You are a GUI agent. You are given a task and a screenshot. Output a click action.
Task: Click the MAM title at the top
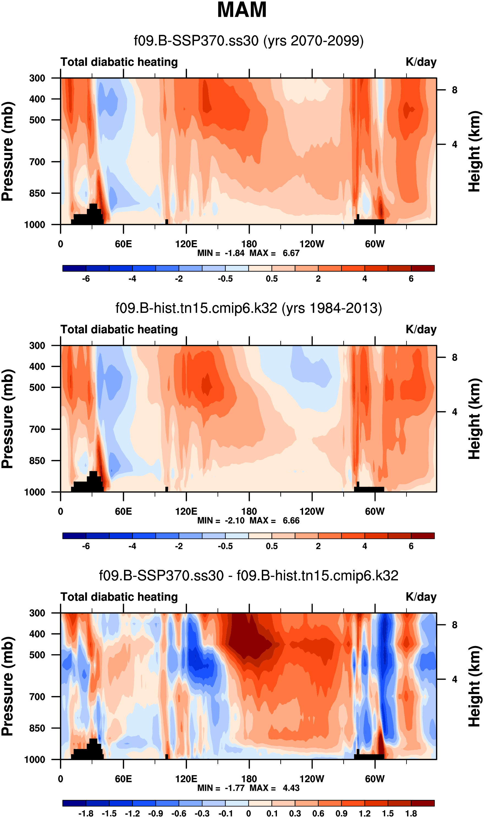click(242, 10)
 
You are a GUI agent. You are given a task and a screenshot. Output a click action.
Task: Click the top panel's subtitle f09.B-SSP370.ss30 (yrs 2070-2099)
click(249, 41)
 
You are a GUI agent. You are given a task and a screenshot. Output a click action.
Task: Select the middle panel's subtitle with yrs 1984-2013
click(249, 308)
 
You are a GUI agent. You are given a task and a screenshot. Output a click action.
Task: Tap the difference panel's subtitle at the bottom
click(249, 575)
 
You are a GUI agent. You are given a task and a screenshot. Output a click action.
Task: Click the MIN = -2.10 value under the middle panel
click(221, 520)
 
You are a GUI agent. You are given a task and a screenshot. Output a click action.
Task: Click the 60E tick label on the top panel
click(123, 244)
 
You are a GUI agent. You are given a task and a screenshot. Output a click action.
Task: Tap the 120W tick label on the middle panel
click(312, 511)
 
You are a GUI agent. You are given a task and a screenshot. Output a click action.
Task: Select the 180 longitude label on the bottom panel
click(249, 779)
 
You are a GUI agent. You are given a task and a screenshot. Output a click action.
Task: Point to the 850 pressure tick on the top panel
click(37, 193)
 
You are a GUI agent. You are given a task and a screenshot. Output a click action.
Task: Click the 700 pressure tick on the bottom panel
click(37, 697)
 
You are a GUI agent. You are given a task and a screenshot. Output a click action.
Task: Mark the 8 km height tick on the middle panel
click(454, 358)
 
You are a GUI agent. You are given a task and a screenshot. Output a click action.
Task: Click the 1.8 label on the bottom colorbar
click(411, 813)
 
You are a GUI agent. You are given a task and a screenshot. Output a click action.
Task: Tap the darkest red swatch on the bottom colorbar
click(423, 803)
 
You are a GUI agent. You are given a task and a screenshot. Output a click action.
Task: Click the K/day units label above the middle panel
click(421, 330)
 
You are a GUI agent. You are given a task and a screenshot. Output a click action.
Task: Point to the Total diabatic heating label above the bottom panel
click(119, 597)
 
